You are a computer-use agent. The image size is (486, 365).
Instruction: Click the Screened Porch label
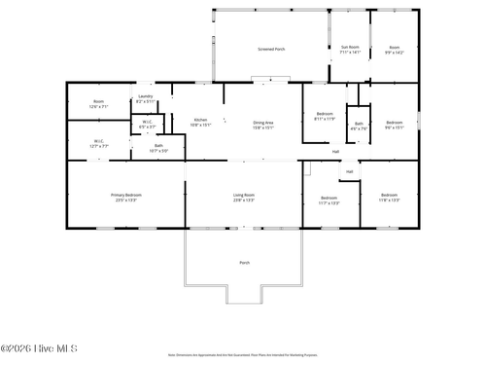[271, 48]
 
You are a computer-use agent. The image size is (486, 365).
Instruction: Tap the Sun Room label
[350, 46]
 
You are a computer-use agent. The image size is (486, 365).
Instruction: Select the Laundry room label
[145, 96]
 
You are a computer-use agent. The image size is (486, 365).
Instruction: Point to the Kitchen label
[200, 120]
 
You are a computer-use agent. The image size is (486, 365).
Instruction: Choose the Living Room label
[243, 196]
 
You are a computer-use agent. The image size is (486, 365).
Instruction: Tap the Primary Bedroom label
[125, 196]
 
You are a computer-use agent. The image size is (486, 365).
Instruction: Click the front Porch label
[244, 263]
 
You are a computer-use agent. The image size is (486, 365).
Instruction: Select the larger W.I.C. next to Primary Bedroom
[99, 141]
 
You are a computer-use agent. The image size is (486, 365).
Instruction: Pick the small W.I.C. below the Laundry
[146, 122]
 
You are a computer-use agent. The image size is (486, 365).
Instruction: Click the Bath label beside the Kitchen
[158, 146]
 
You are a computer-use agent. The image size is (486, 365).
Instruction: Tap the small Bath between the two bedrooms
[359, 124]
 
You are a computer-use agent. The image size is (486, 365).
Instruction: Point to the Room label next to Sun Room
[394, 46]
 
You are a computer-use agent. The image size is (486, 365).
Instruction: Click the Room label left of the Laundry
[98, 101]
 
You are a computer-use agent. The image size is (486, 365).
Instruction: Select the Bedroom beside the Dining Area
[325, 115]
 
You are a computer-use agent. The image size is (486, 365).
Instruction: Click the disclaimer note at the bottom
[243, 355]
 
